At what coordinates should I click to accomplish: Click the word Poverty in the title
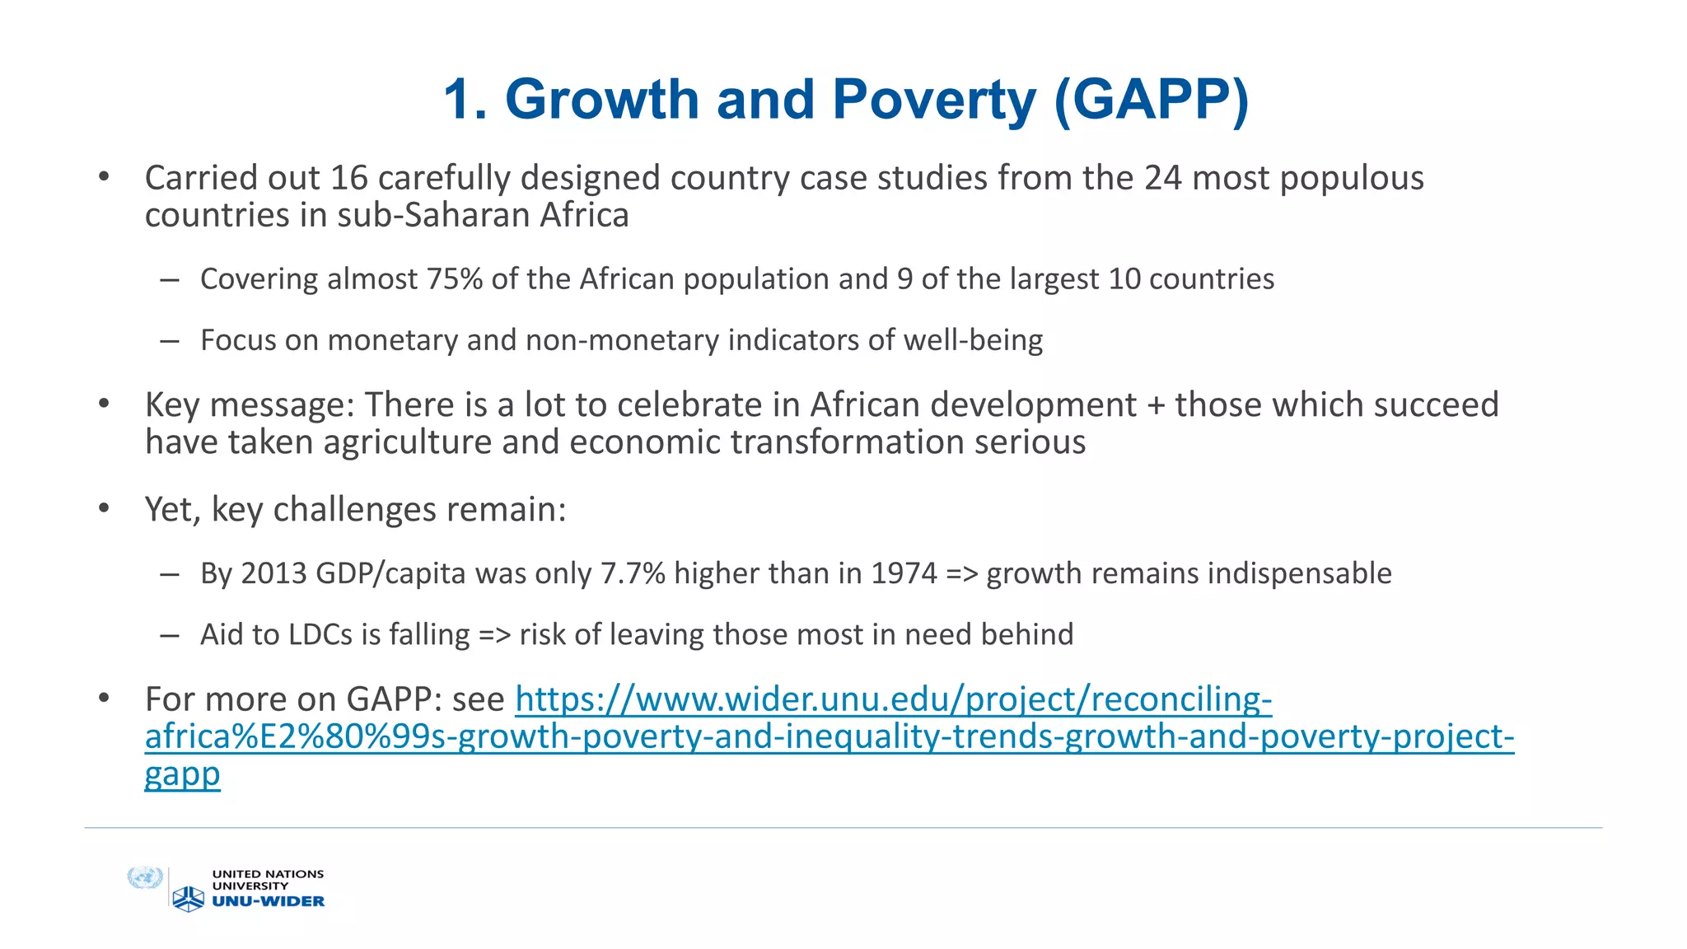coord(934,100)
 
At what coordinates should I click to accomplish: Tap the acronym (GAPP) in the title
coord(1151,100)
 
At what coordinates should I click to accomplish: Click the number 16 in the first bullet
coord(349,178)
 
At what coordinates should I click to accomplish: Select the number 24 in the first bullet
coord(1163,178)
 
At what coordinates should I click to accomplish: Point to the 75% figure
coord(455,279)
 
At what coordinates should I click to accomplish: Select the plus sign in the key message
coord(1156,405)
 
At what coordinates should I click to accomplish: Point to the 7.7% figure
coord(633,573)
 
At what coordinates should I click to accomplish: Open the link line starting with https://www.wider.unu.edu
coord(893,699)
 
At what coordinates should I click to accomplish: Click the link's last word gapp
coord(182,774)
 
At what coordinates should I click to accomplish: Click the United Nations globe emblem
coord(145,878)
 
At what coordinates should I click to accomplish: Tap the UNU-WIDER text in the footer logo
coord(269,901)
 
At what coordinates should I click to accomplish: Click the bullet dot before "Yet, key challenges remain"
coord(104,509)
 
